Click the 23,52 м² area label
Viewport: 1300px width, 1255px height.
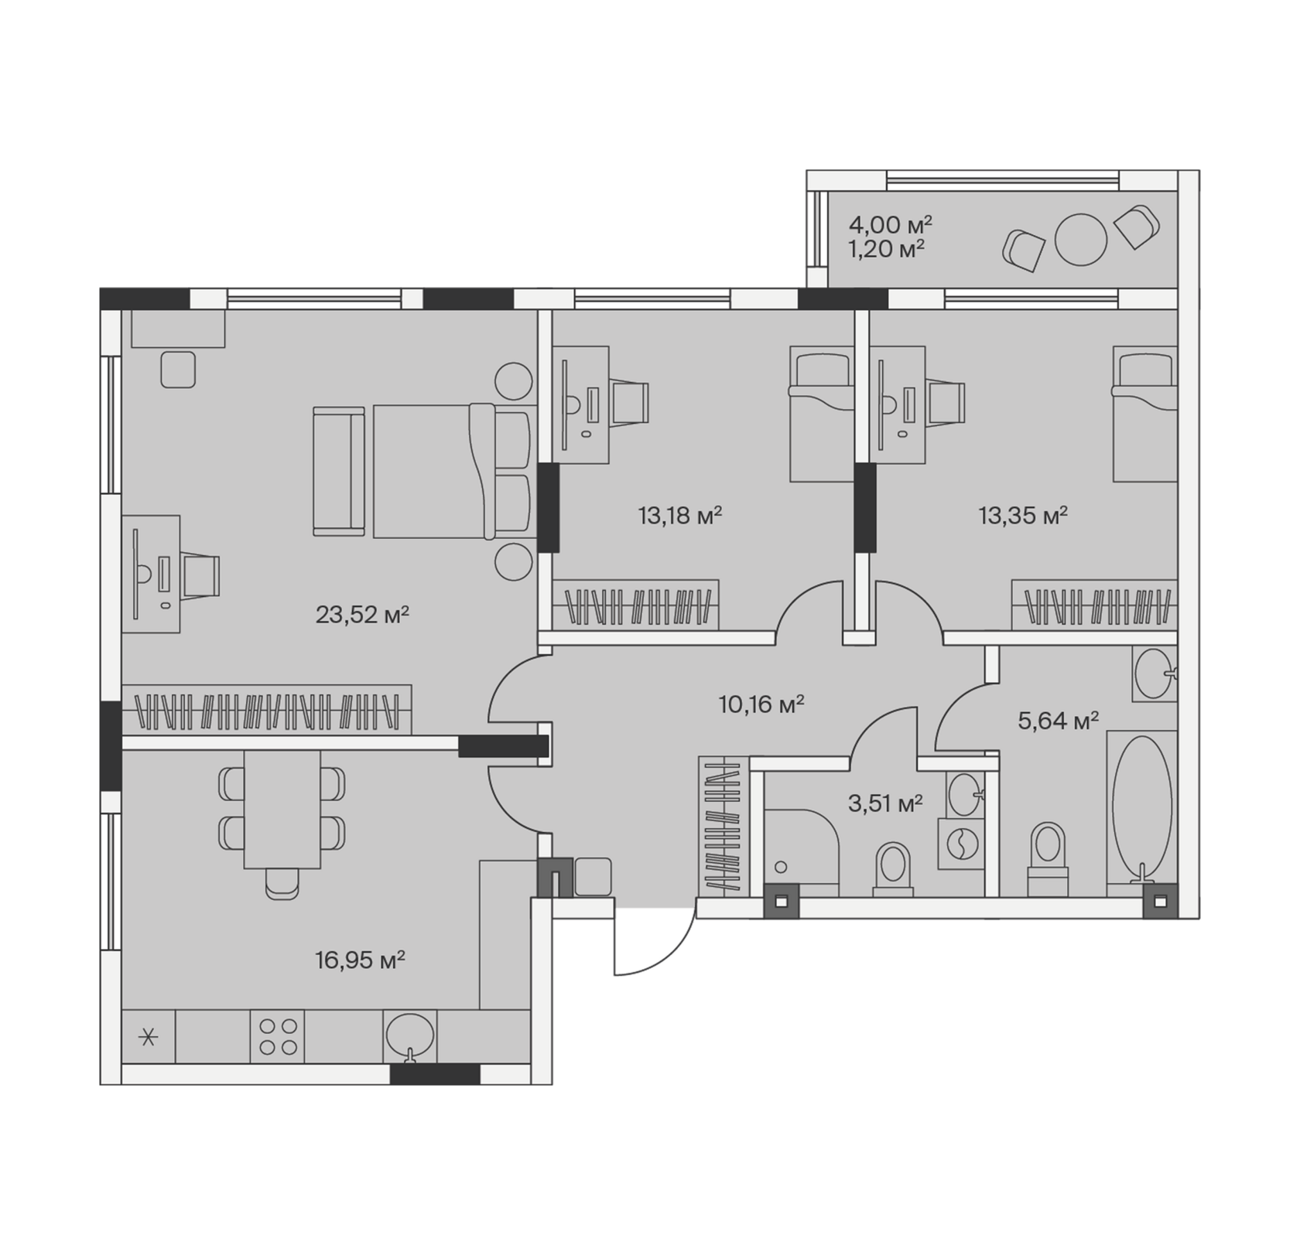pyautogui.click(x=362, y=615)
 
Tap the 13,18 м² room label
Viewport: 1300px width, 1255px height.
pyautogui.click(x=680, y=515)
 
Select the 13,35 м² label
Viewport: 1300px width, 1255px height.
pyautogui.click(x=1023, y=515)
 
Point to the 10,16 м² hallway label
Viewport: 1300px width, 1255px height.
pyautogui.click(x=761, y=704)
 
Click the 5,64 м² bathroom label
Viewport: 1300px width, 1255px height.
pyautogui.click(x=1058, y=721)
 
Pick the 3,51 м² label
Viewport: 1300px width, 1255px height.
pyautogui.click(x=885, y=803)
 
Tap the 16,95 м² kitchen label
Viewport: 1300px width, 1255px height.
pyautogui.click(x=360, y=960)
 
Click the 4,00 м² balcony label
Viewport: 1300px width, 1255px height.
pyautogui.click(x=890, y=225)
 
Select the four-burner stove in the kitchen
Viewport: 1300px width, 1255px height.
pyautogui.click(x=277, y=1036)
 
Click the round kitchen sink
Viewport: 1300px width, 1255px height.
pyautogui.click(x=410, y=1036)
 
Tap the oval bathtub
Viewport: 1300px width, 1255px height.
pyautogui.click(x=1141, y=808)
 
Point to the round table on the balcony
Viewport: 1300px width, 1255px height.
pyautogui.click(x=1081, y=239)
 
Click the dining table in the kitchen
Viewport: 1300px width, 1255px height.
pyautogui.click(x=282, y=809)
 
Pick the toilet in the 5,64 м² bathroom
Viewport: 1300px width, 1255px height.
pyautogui.click(x=1048, y=859)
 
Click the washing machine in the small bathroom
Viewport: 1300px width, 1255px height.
pyautogui.click(x=962, y=844)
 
